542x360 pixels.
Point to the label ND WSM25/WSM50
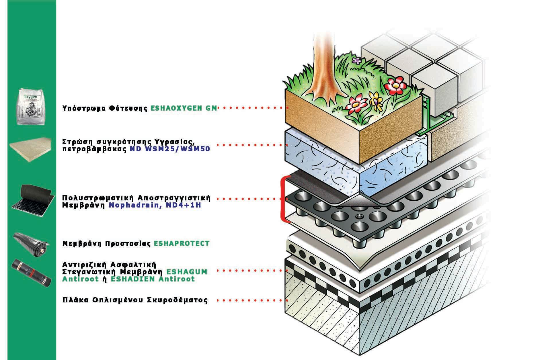coord(170,149)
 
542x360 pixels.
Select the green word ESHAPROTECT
coord(182,244)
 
